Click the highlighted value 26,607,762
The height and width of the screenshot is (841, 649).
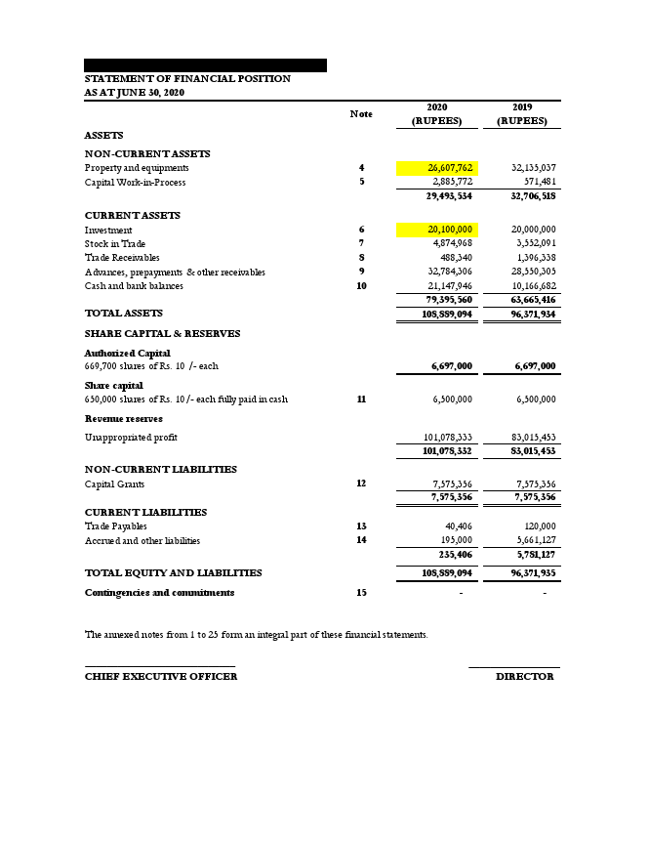[x=436, y=168]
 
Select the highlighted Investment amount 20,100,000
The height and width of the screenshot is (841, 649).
[x=436, y=230]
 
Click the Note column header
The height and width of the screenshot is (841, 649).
[x=361, y=114]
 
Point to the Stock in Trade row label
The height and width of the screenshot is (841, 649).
[x=115, y=243]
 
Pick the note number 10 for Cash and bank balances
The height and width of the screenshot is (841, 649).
[x=361, y=286]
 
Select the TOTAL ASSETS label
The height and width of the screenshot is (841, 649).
[x=124, y=314]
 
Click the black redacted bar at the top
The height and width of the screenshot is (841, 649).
[x=205, y=64]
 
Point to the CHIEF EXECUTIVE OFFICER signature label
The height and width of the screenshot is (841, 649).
[x=160, y=676]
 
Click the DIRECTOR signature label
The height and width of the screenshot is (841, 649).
[x=524, y=676]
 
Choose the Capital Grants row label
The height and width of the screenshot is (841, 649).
[x=121, y=484]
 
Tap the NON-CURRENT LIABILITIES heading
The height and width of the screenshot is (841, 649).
[x=160, y=469]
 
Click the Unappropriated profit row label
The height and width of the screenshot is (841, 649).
[x=131, y=438]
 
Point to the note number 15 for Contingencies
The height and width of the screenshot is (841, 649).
[x=361, y=592]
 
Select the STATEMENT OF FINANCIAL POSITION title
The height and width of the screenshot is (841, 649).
[x=187, y=78]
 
